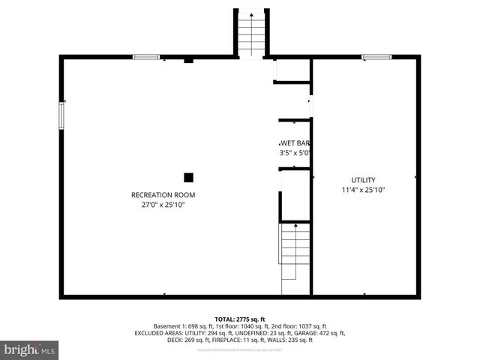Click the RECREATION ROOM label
(x=157, y=195)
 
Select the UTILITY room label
(x=364, y=180)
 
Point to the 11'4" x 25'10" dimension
(x=364, y=190)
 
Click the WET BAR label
(x=295, y=143)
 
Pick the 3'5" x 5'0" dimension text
(x=295, y=153)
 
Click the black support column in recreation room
(x=188, y=178)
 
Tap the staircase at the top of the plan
(x=251, y=33)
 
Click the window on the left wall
(x=61, y=116)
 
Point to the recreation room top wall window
(x=146, y=57)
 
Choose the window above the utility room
(x=376, y=57)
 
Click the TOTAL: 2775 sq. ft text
(x=240, y=319)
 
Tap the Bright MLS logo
(x=30, y=349)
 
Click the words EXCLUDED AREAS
(x=160, y=332)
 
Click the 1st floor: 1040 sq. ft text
(x=235, y=325)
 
